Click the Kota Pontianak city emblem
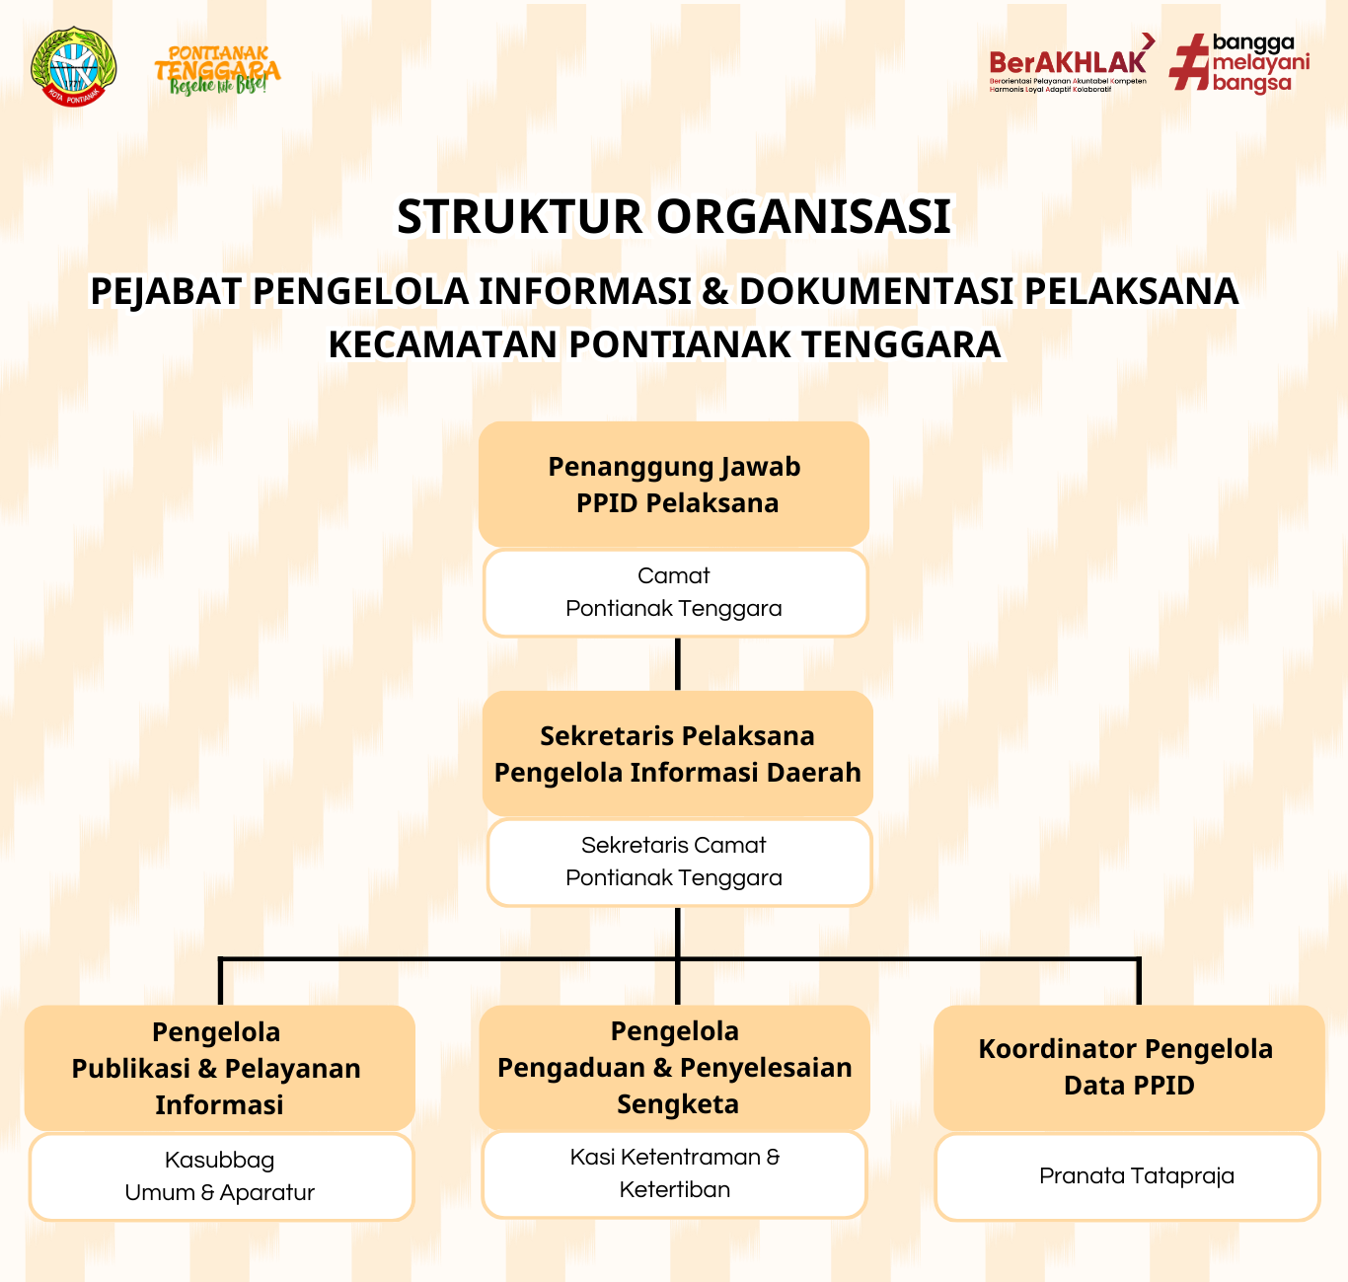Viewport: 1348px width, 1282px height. click(x=73, y=67)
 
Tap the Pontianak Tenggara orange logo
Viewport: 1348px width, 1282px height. click(x=217, y=70)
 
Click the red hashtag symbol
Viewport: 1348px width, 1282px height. click(x=1189, y=63)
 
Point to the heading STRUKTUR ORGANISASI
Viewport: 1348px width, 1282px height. click(x=674, y=217)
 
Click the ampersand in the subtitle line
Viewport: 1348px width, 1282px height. click(x=714, y=291)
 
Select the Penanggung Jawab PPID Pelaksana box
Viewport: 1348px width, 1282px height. click(x=674, y=484)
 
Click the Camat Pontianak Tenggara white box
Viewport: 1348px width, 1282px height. click(x=674, y=592)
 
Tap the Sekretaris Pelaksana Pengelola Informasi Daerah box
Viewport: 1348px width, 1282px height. click(x=677, y=754)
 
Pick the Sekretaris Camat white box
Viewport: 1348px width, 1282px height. click(x=678, y=862)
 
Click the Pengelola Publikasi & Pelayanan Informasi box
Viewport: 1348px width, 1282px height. click(x=219, y=1068)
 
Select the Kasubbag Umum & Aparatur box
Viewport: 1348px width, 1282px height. click(x=220, y=1176)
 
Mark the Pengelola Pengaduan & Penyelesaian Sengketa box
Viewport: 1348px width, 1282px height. click(x=674, y=1067)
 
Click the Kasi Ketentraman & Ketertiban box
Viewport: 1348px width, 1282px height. click(x=674, y=1173)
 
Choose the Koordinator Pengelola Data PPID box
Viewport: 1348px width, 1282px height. click(x=1129, y=1067)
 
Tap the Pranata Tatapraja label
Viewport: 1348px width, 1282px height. click(x=1136, y=1175)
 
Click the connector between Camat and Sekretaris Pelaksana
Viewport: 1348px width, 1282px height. click(x=678, y=663)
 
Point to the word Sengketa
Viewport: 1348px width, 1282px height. click(x=678, y=1104)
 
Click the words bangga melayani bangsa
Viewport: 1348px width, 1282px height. click(x=1260, y=63)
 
